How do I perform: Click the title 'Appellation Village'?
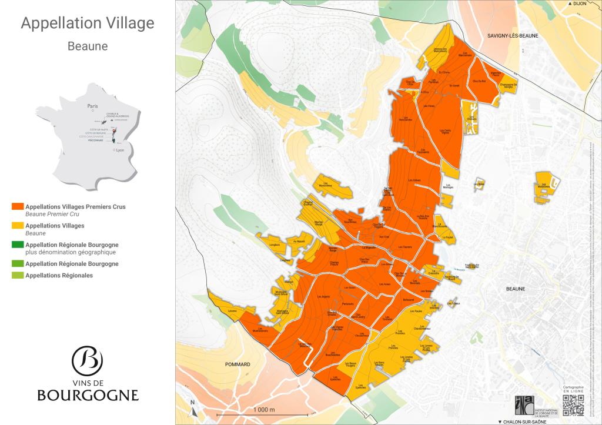(87, 24)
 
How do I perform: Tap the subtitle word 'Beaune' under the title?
(87, 46)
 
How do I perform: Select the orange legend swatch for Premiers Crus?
(17, 207)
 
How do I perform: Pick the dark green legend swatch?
(17, 245)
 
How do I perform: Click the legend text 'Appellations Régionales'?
(59, 275)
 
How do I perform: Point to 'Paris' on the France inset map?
(91, 106)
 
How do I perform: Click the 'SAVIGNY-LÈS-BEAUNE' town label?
(513, 36)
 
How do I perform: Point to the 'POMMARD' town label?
(238, 364)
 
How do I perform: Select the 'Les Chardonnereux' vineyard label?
(422, 328)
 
